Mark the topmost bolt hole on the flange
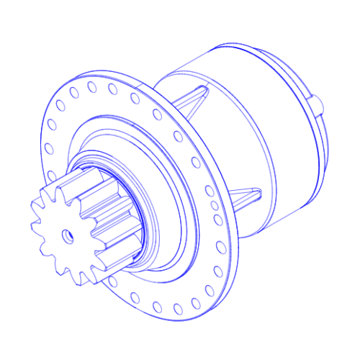pyautogui.click(x=91, y=87)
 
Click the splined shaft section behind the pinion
pyautogui.click(x=108, y=216)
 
